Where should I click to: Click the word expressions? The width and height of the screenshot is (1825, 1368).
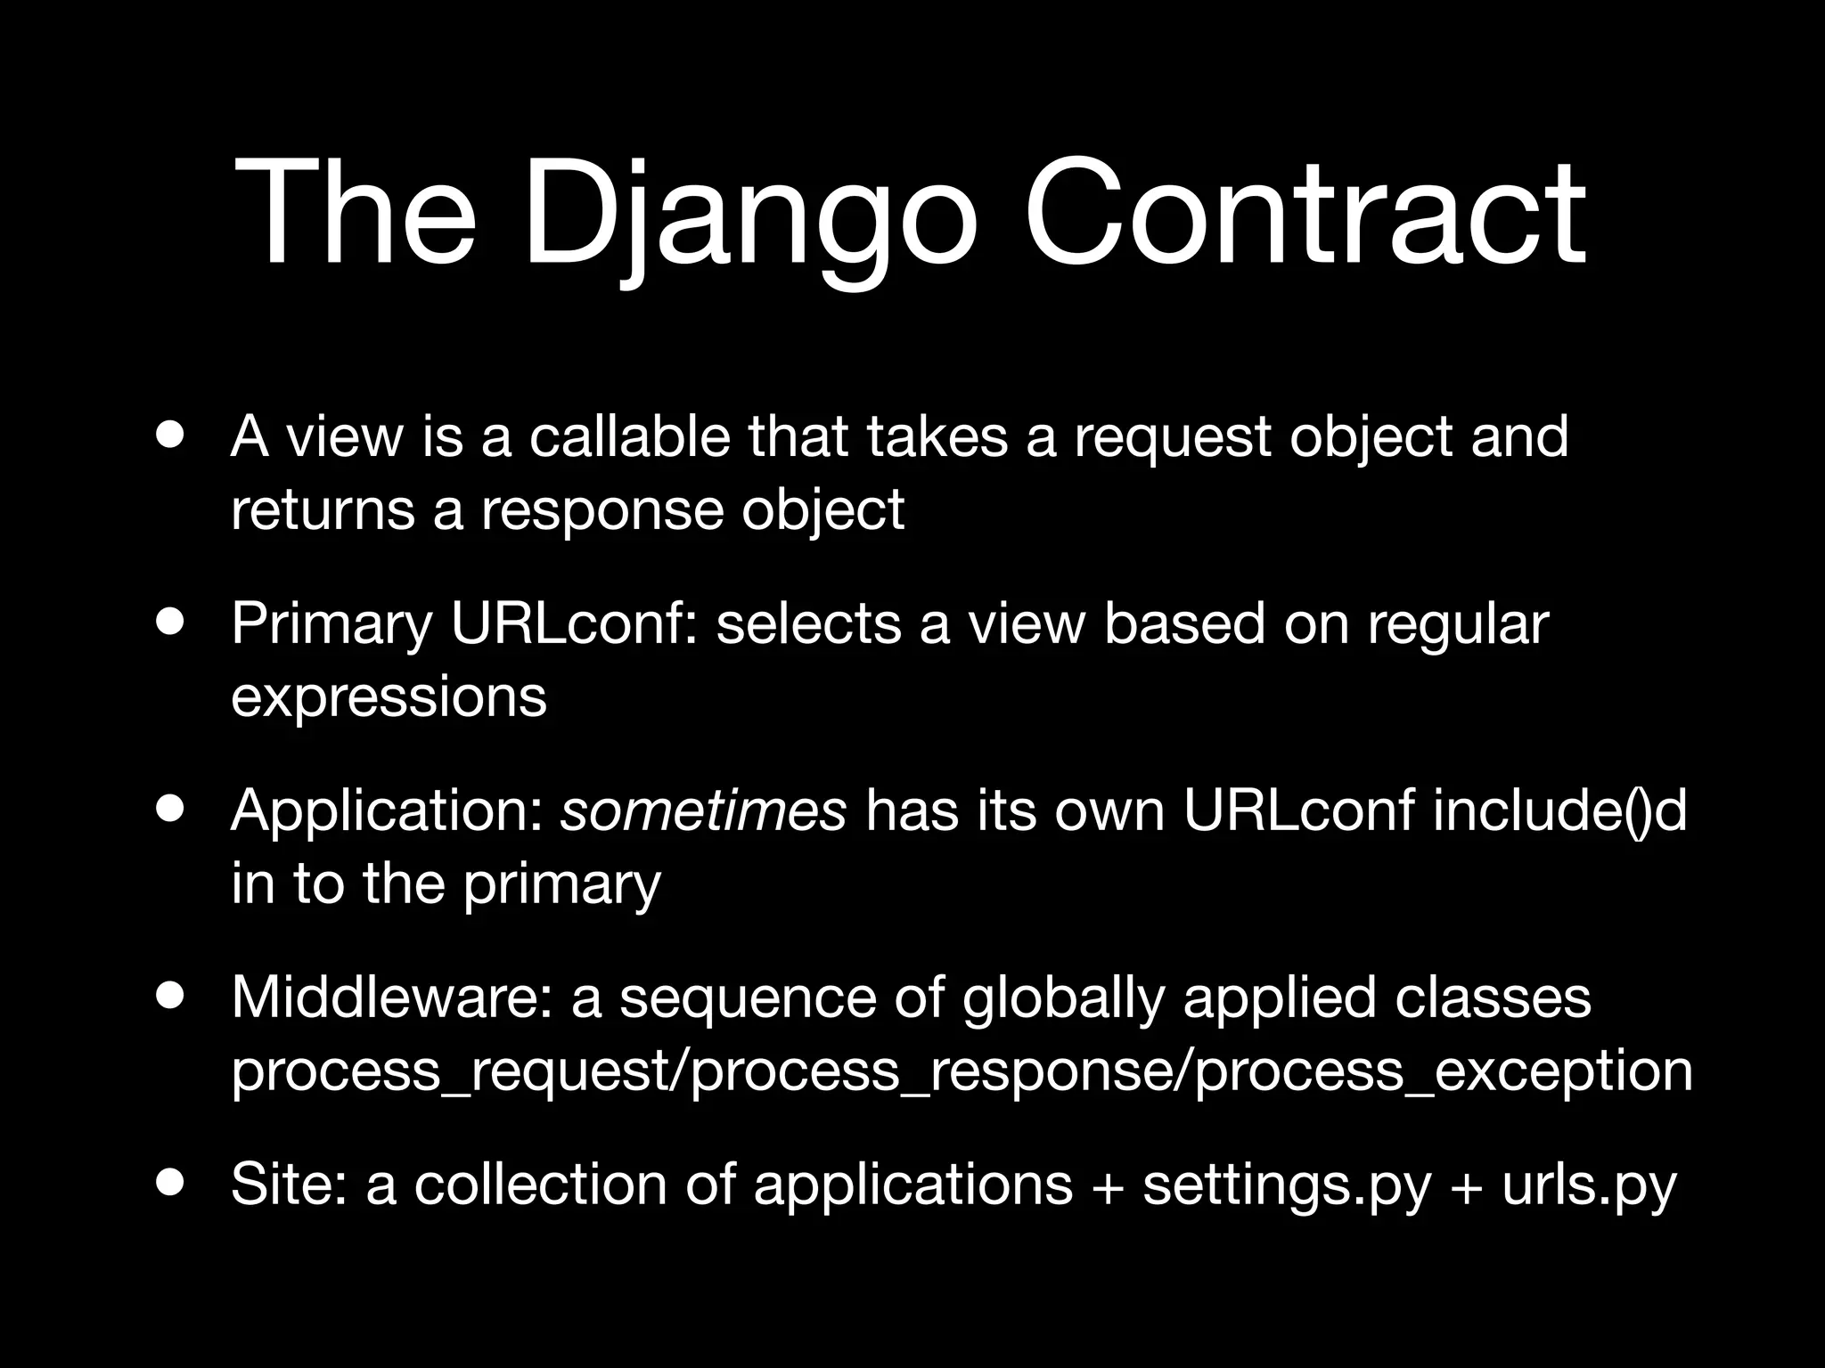pyautogui.click(x=389, y=696)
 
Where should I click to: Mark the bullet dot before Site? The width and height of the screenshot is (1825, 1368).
pyautogui.click(x=169, y=1184)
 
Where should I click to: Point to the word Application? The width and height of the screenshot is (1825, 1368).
pyautogui.click(x=386, y=812)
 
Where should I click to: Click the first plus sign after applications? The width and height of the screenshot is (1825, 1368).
pyautogui.click(x=1107, y=1186)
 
